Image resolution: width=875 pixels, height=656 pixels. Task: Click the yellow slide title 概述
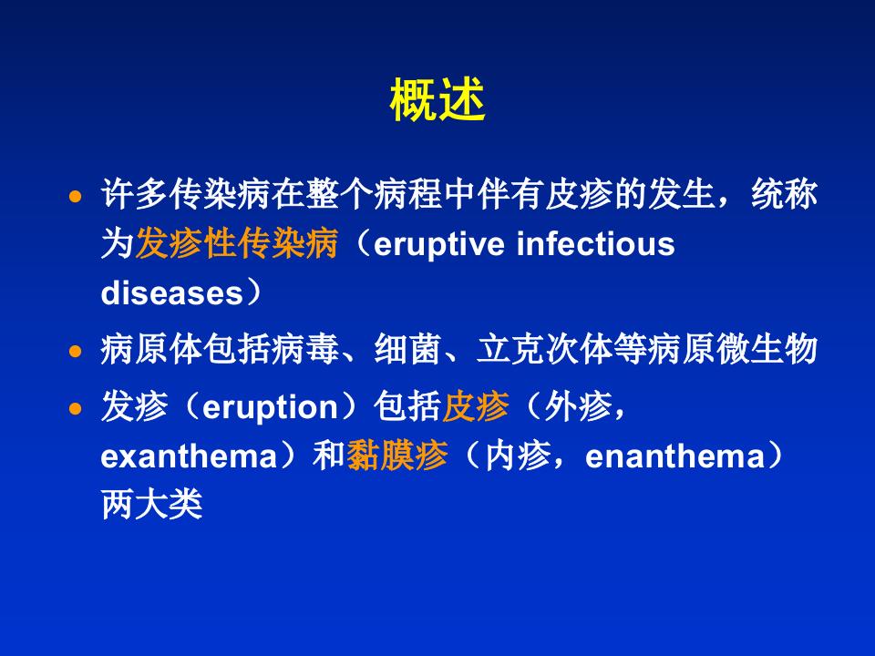click(437, 101)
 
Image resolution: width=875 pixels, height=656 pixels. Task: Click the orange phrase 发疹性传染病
click(237, 244)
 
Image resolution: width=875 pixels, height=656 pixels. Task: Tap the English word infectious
click(596, 245)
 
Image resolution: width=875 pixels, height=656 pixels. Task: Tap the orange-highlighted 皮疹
click(476, 407)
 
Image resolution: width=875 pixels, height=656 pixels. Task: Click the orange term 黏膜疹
click(397, 456)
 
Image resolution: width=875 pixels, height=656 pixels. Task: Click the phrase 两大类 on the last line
click(151, 506)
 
